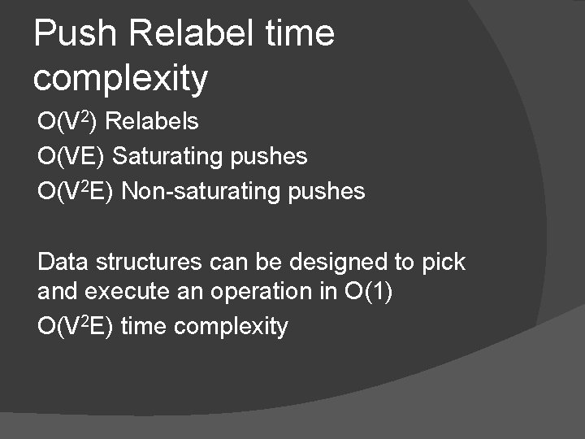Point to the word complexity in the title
click(x=121, y=80)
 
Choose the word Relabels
click(x=152, y=122)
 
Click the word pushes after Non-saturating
click(x=327, y=192)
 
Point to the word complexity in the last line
click(x=231, y=327)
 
